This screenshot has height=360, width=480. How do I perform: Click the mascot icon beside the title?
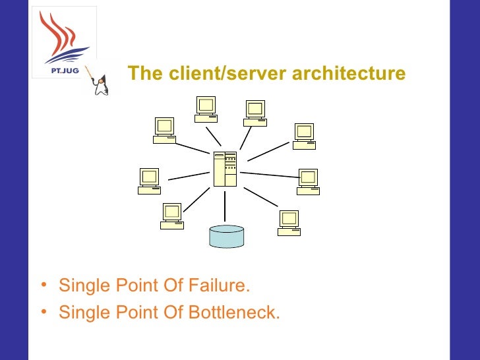click(x=100, y=82)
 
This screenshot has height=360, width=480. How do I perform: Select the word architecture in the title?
click(x=349, y=73)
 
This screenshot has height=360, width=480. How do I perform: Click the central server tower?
click(x=225, y=169)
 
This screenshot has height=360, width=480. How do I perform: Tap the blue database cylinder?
click(x=226, y=236)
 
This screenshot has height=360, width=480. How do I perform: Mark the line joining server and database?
click(x=225, y=205)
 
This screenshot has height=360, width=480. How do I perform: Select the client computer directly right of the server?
click(x=308, y=181)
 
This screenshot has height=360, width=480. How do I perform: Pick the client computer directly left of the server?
click(x=150, y=181)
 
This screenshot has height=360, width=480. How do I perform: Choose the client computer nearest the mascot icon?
click(x=164, y=130)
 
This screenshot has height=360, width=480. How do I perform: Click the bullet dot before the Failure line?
click(x=44, y=287)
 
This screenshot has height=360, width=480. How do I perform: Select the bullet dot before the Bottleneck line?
click(x=44, y=312)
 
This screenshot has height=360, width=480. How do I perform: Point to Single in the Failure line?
click(x=81, y=287)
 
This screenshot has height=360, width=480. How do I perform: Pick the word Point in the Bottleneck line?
click(x=129, y=312)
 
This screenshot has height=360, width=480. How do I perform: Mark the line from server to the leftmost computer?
click(x=189, y=176)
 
